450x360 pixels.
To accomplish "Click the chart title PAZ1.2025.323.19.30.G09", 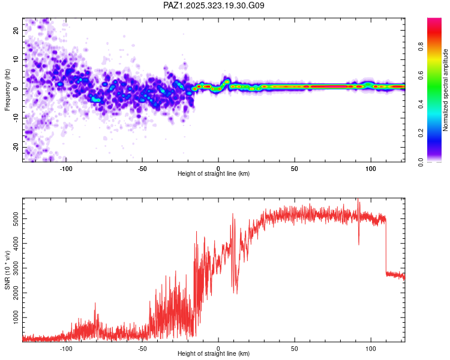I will (214, 5).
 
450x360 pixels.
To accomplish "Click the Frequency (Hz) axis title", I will (7, 88).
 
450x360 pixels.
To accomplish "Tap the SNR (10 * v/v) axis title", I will (7, 269).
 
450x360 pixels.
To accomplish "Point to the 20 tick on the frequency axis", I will (16, 30).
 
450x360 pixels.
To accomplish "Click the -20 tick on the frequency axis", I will (14, 147).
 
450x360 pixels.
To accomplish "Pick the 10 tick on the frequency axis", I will (16, 59).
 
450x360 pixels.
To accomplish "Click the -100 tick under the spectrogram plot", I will (66, 168).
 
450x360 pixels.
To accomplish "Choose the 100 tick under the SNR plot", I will (371, 348).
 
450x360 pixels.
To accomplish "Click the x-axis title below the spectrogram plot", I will (214, 174).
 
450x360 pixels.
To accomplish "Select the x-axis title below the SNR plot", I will (214, 354).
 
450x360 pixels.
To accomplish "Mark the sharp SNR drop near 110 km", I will (386, 246).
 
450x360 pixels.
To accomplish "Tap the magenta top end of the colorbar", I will (434, 21).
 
